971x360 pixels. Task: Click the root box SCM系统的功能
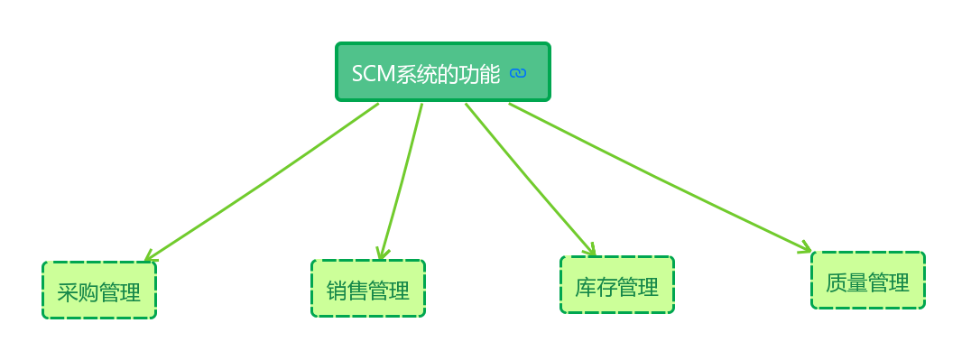pos(442,71)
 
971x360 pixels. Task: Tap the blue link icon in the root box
pos(517,74)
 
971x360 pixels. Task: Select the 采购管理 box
pos(99,291)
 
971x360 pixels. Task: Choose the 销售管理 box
pos(368,289)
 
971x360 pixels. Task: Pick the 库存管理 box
pos(617,285)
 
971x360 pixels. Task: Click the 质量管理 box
pos(868,281)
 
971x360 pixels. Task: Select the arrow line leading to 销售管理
pos(402,180)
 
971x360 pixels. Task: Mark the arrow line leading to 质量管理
pos(659,177)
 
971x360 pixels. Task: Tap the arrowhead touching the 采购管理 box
pos(150,257)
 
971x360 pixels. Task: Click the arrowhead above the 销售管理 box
pos(384,254)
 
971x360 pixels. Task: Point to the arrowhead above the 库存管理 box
pos(590,250)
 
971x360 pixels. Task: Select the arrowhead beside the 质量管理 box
pos(805,246)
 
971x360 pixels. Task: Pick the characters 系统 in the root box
pos(416,74)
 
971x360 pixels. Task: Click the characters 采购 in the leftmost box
pos(78,292)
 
